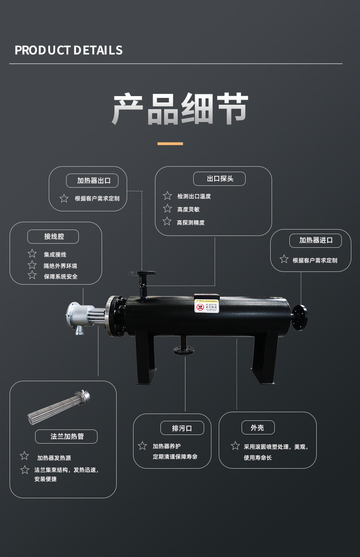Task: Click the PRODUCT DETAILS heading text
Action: [x=68, y=50]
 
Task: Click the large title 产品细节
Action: [x=180, y=109]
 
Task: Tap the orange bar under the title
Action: [x=170, y=143]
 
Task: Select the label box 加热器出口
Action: [x=93, y=180]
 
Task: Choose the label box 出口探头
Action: [x=219, y=179]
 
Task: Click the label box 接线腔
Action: [x=53, y=236]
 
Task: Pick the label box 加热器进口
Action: [x=315, y=240]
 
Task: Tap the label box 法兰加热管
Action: [x=67, y=436]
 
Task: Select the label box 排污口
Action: [x=181, y=428]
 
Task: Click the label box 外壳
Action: [x=257, y=428]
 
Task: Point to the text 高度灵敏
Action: [x=188, y=210]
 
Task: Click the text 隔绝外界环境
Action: [x=60, y=266]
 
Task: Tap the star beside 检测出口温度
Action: [x=167, y=196]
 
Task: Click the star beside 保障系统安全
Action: [x=32, y=275]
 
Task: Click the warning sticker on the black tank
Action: [x=206, y=306]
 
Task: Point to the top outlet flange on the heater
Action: [x=142, y=274]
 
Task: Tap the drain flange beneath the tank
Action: [x=184, y=350]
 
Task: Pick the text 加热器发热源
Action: [x=54, y=458]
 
